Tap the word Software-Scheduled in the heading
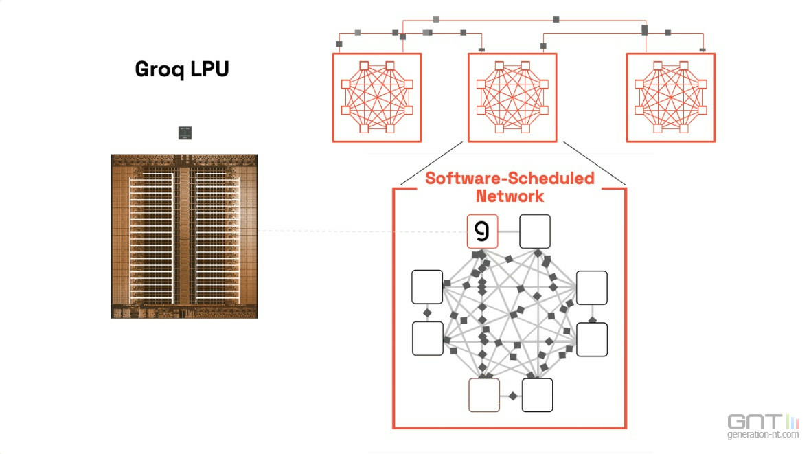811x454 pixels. click(x=510, y=179)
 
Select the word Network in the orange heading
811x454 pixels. click(x=510, y=196)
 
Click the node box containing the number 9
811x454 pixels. click(x=482, y=231)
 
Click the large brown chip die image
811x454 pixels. click(x=184, y=236)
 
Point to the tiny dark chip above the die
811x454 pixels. click(x=184, y=133)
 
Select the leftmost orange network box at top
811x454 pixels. click(x=376, y=98)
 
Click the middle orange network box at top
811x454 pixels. click(x=512, y=98)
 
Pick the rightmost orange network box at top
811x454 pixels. click(x=670, y=98)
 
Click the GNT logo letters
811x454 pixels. click(x=754, y=421)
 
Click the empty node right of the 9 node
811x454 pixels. click(x=535, y=231)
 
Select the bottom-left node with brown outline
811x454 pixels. click(x=484, y=395)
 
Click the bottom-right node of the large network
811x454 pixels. click(x=537, y=395)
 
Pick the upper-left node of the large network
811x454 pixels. click(x=427, y=287)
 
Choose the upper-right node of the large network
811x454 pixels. click(x=591, y=287)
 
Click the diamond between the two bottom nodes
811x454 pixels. click(x=512, y=396)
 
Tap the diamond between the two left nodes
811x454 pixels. click(x=427, y=313)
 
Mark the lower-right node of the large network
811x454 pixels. click(x=591, y=339)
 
